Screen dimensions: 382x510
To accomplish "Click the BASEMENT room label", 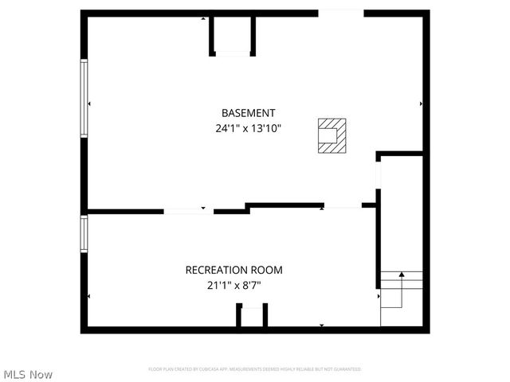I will tap(248, 113).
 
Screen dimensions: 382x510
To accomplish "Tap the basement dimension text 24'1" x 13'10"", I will tap(248, 127).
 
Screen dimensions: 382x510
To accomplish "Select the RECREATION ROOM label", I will tap(233, 270).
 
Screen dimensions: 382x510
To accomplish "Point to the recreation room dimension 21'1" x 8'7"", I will tap(233, 284).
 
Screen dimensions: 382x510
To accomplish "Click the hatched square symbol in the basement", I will tap(331, 134).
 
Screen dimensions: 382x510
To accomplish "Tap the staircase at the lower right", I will tap(401, 298).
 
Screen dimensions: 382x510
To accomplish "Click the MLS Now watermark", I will tap(28, 374).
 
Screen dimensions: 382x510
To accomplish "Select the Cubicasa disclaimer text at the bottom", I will tap(255, 369).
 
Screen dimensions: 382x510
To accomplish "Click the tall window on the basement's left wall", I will tap(83, 99).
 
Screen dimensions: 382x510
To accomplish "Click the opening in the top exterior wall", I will tap(341, 12).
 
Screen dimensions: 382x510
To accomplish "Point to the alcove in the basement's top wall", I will tap(232, 36).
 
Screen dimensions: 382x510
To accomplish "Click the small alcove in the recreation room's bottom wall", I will tap(252, 317).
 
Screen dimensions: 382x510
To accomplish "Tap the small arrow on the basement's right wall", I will tap(421, 103).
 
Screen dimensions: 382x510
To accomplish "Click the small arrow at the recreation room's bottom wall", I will tap(321, 325).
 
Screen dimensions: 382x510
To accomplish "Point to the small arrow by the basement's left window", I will tap(89, 103).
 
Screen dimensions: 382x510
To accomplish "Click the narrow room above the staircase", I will tap(401, 211).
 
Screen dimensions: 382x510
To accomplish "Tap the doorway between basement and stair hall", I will tap(378, 177).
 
